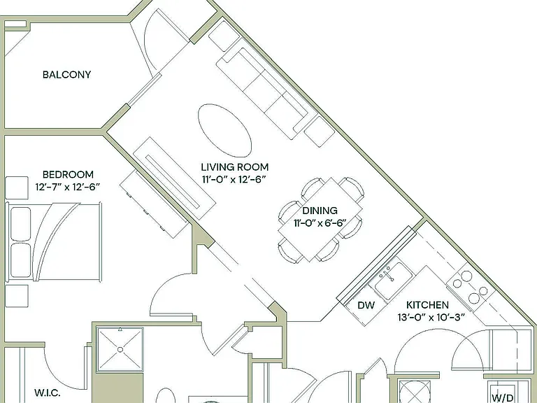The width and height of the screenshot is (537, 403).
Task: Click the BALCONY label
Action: (67, 75)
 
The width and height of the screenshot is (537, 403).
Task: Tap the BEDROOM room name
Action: (68, 174)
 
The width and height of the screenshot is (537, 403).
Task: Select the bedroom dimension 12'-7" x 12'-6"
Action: (67, 187)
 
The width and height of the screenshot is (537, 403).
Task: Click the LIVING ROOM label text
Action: (235, 167)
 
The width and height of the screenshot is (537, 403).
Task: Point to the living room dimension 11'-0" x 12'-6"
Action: (234, 179)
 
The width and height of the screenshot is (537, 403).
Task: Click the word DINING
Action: (320, 211)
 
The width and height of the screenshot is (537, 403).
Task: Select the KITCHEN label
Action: (427, 304)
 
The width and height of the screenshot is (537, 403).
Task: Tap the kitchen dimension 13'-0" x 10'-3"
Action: (431, 318)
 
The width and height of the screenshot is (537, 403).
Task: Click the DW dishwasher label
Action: (366, 305)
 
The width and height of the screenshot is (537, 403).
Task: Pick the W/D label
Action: (503, 397)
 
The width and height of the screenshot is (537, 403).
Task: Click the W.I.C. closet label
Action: (48, 393)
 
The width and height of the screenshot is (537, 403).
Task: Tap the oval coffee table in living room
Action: (225, 131)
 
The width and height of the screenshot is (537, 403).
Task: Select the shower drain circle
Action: (120, 350)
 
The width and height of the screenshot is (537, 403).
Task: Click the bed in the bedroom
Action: (54, 241)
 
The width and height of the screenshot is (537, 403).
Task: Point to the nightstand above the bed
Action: (17, 188)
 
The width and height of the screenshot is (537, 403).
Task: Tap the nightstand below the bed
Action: (17, 296)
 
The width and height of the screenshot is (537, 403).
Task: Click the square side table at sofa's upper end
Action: (224, 36)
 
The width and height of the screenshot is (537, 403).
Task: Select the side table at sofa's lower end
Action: (319, 132)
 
